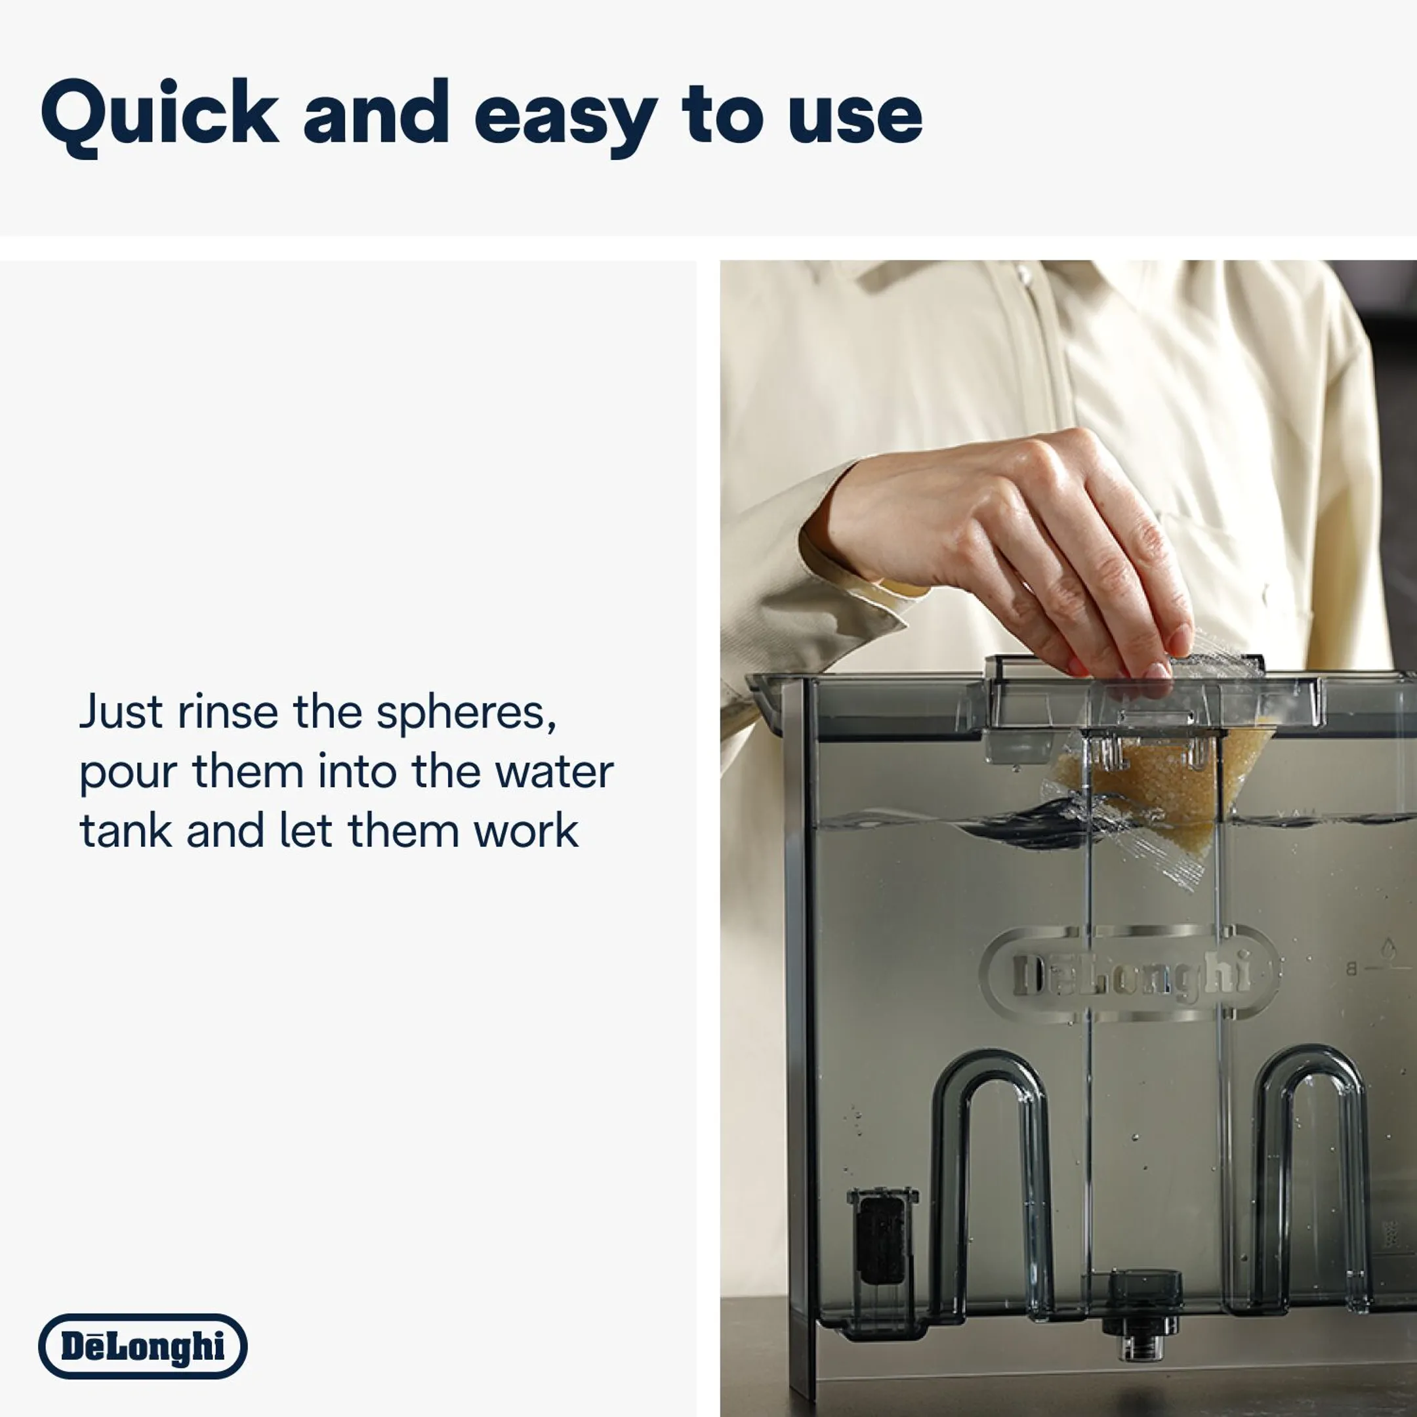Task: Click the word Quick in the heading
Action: coord(159,115)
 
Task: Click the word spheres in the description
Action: coord(466,713)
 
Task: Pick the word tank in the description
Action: coord(126,831)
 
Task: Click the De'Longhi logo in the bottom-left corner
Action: coord(143,1346)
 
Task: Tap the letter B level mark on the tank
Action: coord(1350,970)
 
